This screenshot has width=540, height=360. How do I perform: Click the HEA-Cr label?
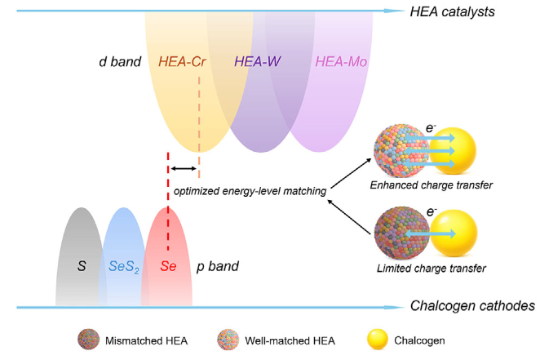182,62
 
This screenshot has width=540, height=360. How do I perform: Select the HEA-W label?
257,62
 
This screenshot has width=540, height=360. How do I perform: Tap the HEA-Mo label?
341,62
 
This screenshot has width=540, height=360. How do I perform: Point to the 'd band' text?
120,62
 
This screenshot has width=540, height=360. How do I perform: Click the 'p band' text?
218,266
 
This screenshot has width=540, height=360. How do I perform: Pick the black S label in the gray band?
82,266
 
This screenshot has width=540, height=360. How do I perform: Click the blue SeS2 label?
124,267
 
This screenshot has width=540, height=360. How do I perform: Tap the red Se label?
168,266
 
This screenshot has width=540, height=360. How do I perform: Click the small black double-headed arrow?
184,168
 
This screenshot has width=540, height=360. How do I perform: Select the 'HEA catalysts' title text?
452,11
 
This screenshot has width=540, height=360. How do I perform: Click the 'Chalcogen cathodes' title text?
472,305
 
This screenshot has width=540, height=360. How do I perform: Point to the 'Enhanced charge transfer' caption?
432,185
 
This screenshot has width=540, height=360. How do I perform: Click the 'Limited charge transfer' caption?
432,268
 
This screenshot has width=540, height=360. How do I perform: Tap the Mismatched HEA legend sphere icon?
89,340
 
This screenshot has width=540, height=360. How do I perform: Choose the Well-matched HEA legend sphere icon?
228,340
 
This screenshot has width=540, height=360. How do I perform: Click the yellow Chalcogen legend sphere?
378,340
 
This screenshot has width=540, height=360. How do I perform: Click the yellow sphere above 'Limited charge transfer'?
454,233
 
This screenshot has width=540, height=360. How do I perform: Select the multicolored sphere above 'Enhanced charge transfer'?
401,150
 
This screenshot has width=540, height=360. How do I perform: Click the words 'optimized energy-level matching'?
250,191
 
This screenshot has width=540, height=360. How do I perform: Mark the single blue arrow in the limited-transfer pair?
430,234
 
